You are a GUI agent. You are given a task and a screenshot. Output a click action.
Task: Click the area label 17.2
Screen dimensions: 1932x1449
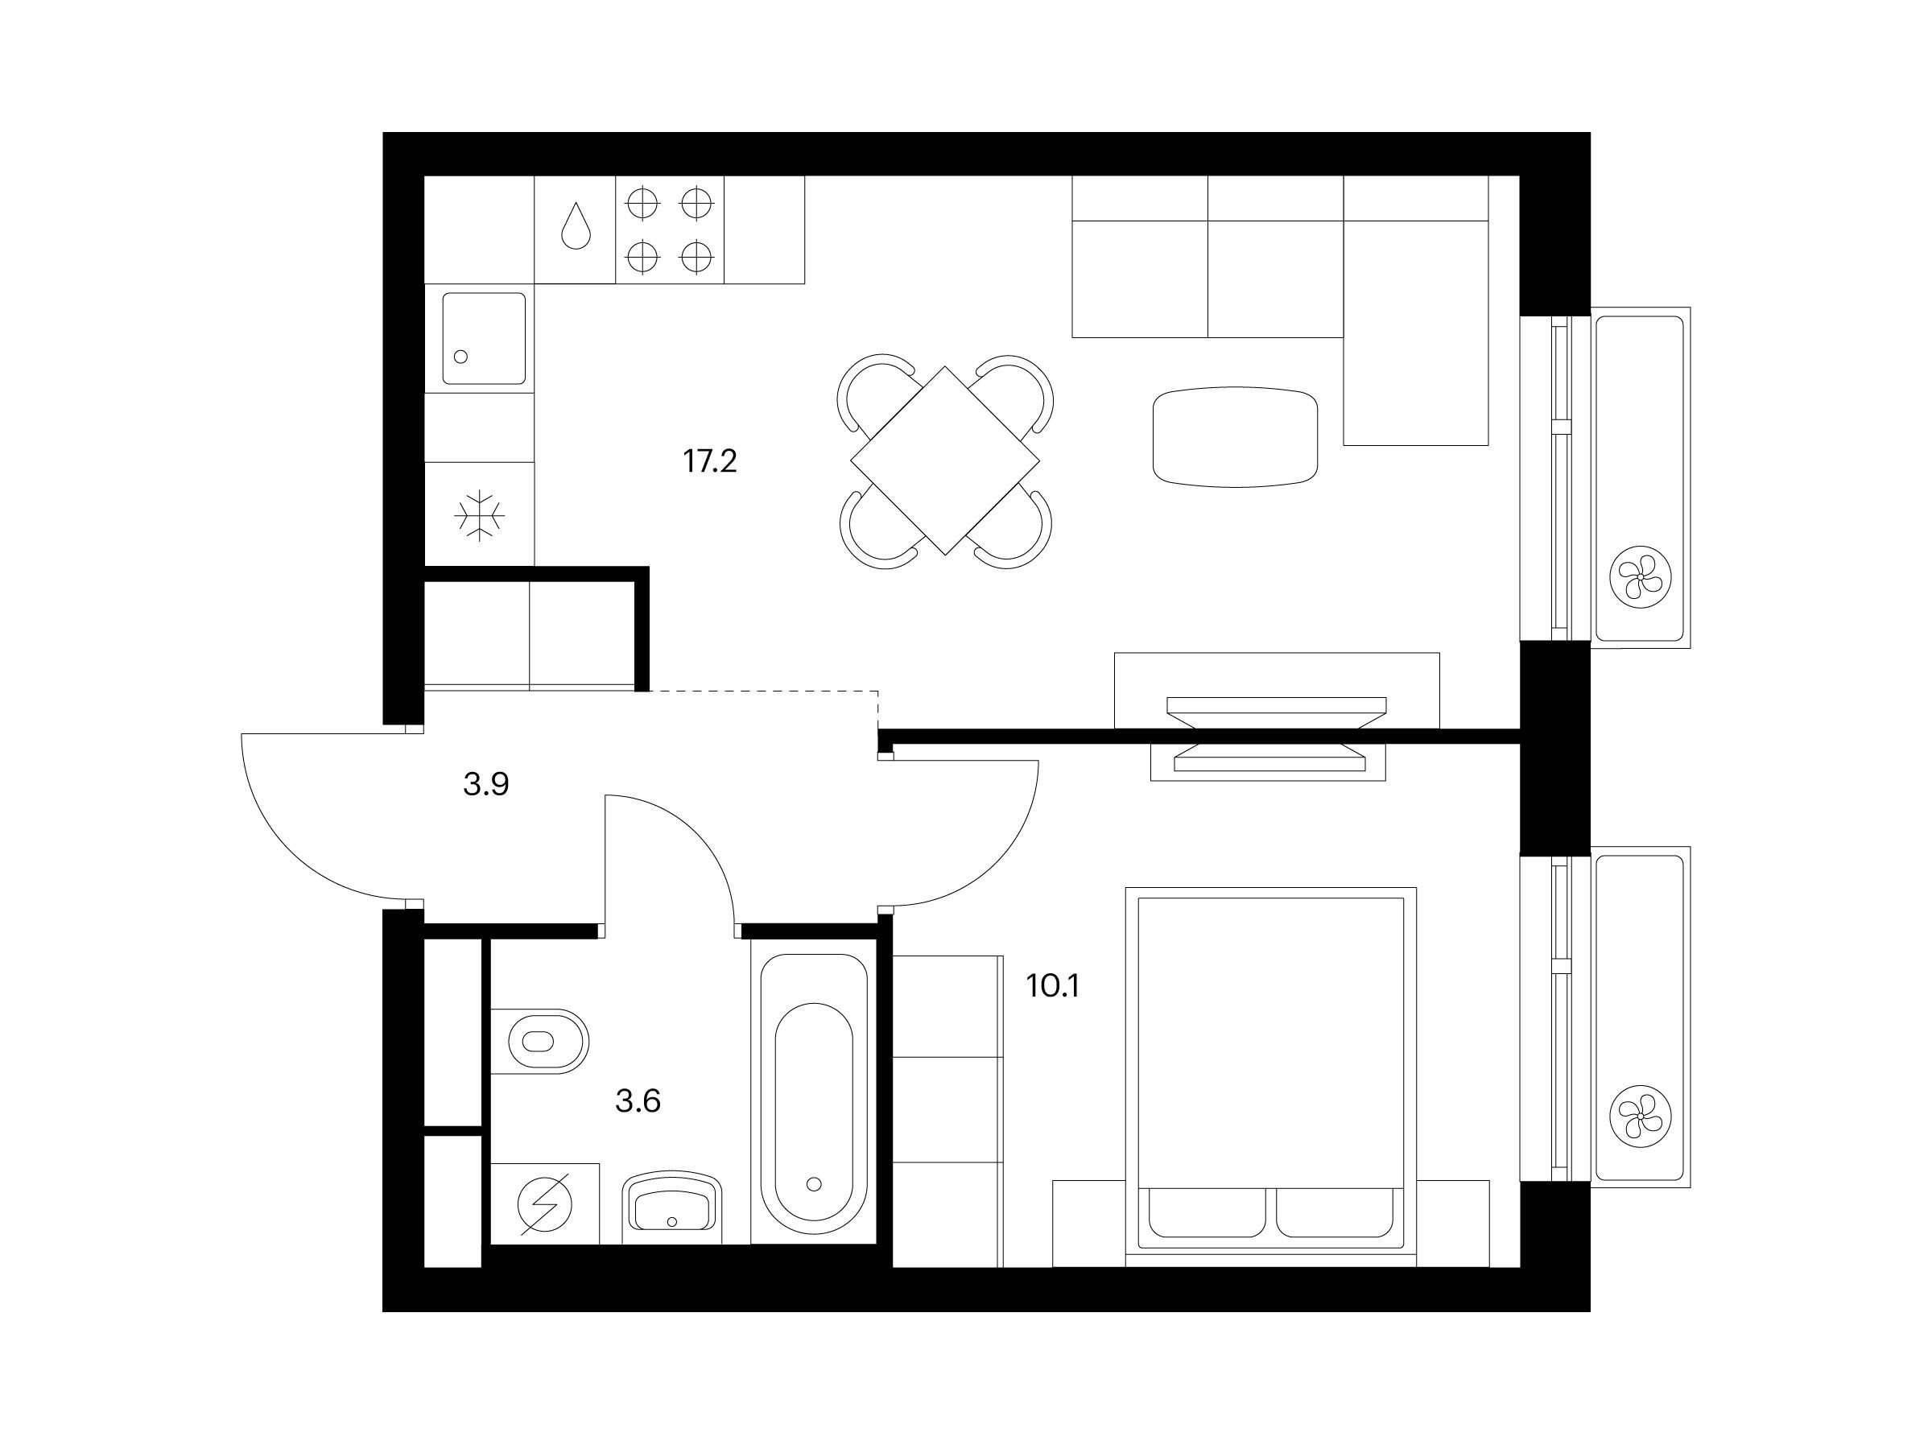click(x=709, y=461)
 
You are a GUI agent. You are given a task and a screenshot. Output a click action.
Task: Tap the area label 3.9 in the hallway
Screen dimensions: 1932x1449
click(x=485, y=785)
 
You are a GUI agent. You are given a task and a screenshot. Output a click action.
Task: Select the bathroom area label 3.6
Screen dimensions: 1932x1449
click(x=638, y=1101)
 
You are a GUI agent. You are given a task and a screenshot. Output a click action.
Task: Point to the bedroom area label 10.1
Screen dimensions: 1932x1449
click(x=1052, y=987)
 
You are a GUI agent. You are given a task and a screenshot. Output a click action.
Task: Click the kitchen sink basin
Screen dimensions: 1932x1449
click(x=484, y=338)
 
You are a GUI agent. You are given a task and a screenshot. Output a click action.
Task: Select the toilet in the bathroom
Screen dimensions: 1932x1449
click(x=540, y=1041)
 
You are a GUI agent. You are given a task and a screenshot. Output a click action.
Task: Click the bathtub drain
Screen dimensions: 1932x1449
click(x=814, y=1184)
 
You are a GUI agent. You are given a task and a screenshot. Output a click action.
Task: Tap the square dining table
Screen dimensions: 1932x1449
click(x=945, y=460)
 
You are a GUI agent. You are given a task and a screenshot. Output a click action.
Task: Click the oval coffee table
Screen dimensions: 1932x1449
click(x=1235, y=436)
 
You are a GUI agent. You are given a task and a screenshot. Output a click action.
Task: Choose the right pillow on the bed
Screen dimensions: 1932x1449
click(x=1335, y=1212)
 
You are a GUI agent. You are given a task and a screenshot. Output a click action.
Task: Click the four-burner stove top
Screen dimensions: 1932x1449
click(x=670, y=229)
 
